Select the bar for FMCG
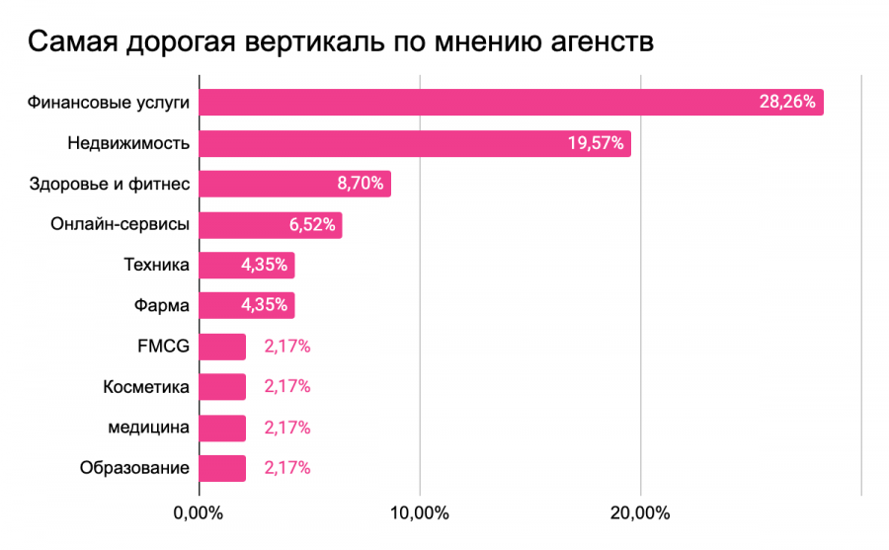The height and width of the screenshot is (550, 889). coord(222,347)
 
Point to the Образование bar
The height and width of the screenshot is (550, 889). coord(222,468)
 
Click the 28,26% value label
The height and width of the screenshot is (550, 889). coord(787,102)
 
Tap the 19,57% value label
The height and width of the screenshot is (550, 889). coord(595,143)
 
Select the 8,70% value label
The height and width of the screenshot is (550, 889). coord(361,184)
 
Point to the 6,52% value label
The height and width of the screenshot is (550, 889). coord(312,224)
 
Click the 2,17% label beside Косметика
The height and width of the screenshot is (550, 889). coord(287,387)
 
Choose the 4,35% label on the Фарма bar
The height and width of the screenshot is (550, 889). coord(264,306)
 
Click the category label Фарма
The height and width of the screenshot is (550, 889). coord(161,306)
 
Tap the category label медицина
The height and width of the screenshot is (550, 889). coord(148,428)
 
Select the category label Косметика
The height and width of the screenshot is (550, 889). coord(145,387)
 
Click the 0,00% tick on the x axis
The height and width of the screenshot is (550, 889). coord(198,513)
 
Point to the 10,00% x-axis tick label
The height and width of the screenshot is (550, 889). coord(421,513)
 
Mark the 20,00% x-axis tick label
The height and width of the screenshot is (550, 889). coord(641,513)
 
